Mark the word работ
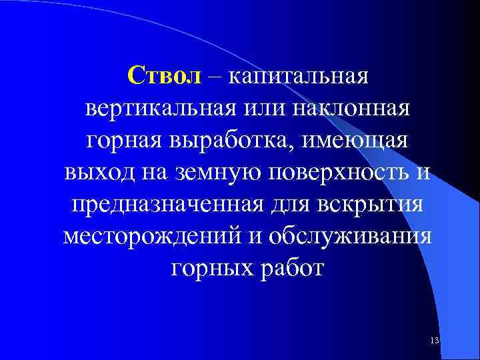[x=291, y=269]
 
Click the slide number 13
[x=435, y=341]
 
